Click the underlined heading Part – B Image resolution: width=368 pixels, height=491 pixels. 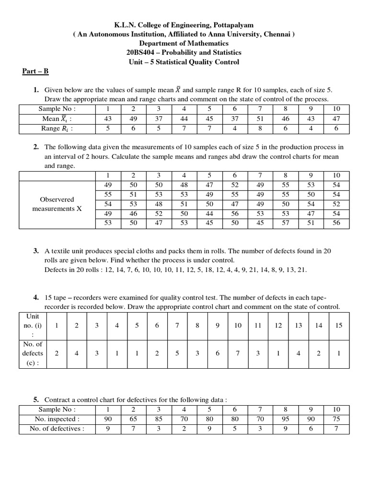[x=35, y=71]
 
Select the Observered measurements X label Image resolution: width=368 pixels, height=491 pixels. [x=57, y=204]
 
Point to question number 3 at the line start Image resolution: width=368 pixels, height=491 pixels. [x=36, y=251]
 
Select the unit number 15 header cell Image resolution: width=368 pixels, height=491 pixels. [x=339, y=326]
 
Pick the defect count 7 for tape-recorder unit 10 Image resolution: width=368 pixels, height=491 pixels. [x=238, y=353]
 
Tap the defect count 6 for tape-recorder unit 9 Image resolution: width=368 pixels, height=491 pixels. [x=218, y=353]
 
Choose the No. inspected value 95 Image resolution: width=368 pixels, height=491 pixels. [x=286, y=419]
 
